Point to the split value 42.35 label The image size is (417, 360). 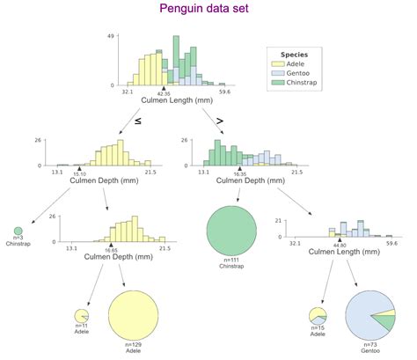[x=164, y=92]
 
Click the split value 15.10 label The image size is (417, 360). [x=79, y=173]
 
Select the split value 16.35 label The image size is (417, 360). [x=238, y=173]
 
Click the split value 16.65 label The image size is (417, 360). [x=111, y=250]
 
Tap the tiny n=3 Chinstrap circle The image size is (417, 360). [x=18, y=231]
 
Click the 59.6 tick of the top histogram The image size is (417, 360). [x=224, y=92]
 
